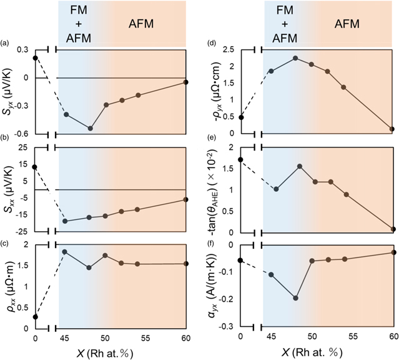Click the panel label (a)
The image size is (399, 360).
tap(6, 43)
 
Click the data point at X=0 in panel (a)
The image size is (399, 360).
tap(35, 58)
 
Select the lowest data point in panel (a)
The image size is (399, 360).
tap(91, 128)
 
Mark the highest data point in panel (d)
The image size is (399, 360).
tap(295, 58)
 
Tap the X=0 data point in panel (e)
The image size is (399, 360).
tap(240, 159)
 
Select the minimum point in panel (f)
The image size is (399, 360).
tap(295, 298)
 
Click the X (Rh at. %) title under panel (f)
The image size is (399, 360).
tap(317, 352)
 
